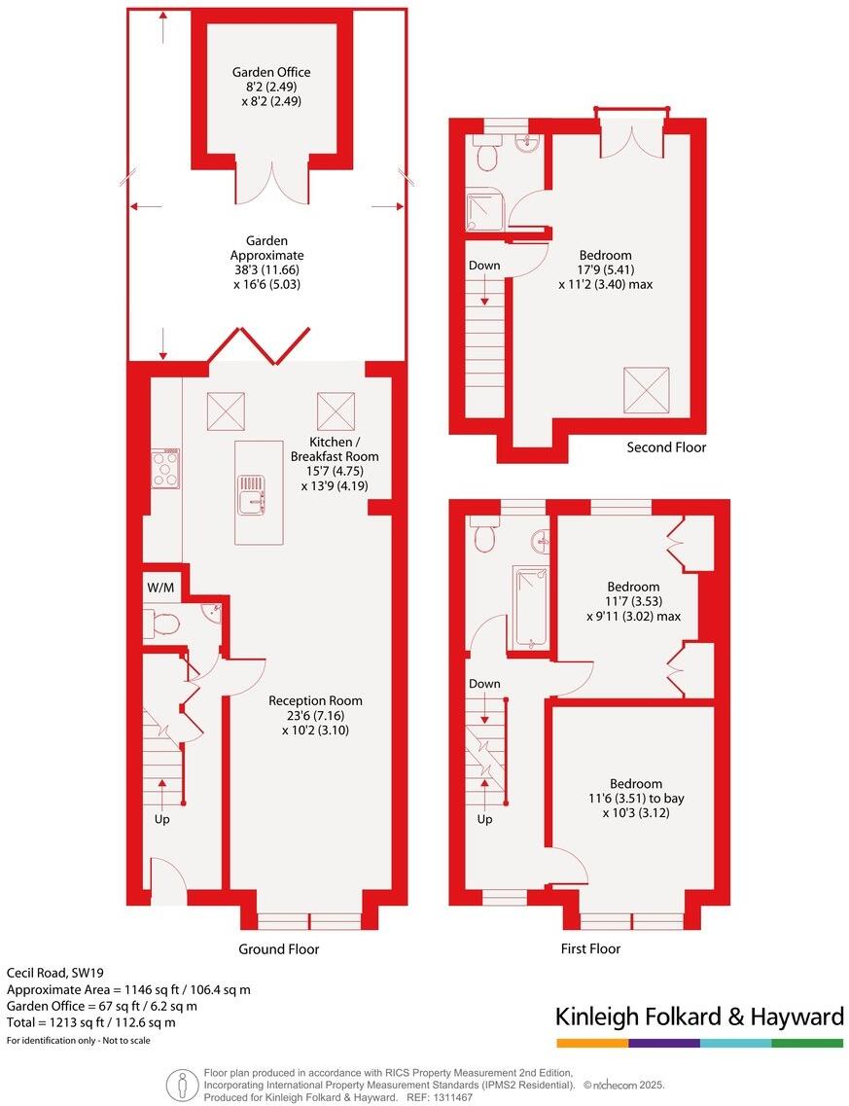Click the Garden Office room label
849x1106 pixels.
pos(271,72)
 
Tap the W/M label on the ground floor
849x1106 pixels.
pos(161,587)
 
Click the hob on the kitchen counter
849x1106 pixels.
pos(165,468)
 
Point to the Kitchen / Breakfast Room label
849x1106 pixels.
pos(335,456)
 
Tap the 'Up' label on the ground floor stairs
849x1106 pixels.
pos(161,819)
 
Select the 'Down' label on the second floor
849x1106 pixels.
pos(484,266)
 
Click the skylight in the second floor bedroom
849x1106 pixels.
pos(646,389)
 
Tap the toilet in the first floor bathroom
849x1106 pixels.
pos(484,534)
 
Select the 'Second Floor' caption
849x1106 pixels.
pos(666,447)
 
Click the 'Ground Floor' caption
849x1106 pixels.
pos(279,948)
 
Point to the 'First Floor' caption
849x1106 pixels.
pos(590,948)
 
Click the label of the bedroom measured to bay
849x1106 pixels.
pos(635,784)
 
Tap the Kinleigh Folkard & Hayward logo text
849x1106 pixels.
pos(698,1017)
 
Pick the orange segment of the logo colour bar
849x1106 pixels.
pos(591,1043)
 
